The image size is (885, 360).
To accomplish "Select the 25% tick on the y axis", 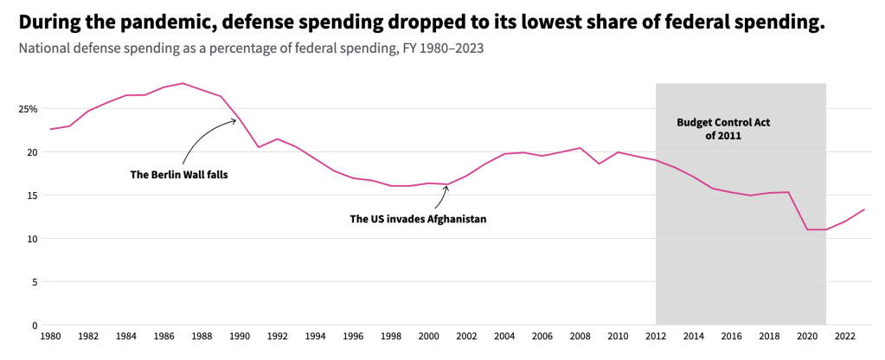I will (x=26, y=109).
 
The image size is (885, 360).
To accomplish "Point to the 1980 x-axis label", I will (x=51, y=336).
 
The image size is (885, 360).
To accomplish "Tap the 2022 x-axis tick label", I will (x=845, y=336).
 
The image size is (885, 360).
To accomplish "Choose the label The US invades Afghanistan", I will (x=418, y=219).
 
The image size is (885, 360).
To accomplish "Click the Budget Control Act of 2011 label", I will (x=723, y=129).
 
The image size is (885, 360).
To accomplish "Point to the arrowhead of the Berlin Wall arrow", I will (x=234, y=120).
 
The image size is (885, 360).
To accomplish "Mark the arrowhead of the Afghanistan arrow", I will (x=446, y=186).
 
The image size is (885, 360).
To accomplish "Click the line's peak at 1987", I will (x=183, y=83).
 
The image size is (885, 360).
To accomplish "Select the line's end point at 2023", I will (x=864, y=209).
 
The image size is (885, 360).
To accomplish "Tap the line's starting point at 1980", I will (x=50, y=129).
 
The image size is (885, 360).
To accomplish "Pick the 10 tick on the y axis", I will (x=31, y=239).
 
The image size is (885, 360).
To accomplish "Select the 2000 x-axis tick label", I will (x=429, y=336).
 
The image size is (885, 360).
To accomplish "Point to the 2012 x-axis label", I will (x=656, y=336).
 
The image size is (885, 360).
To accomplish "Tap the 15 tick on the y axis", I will (x=31, y=196).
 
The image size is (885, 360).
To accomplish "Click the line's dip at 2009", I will (x=599, y=164).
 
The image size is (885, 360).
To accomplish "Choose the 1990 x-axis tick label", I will (x=240, y=336).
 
